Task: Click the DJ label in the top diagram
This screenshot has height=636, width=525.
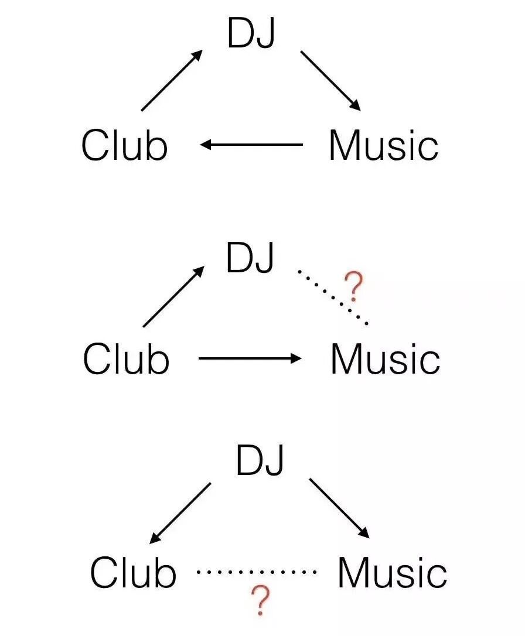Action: (251, 33)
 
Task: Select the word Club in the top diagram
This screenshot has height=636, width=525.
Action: (124, 145)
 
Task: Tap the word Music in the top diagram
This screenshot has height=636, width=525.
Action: (383, 145)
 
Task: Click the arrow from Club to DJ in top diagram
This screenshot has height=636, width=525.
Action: (172, 81)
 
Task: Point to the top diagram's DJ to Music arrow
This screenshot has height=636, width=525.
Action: (330, 81)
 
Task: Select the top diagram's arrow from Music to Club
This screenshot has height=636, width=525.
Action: (252, 145)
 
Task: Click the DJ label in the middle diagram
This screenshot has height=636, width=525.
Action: (250, 258)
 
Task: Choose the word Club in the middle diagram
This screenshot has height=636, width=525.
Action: (126, 359)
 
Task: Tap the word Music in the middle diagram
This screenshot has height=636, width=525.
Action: (385, 359)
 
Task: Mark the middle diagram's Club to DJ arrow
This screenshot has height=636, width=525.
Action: (173, 296)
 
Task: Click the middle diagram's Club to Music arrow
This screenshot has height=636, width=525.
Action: (250, 358)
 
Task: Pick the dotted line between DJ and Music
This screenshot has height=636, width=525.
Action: (332, 297)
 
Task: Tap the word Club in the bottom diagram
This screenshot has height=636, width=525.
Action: (133, 572)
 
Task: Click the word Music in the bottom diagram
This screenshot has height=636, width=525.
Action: (392, 572)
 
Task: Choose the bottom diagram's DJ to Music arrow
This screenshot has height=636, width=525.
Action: (339, 508)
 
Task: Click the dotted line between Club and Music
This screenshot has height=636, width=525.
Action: (257, 571)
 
